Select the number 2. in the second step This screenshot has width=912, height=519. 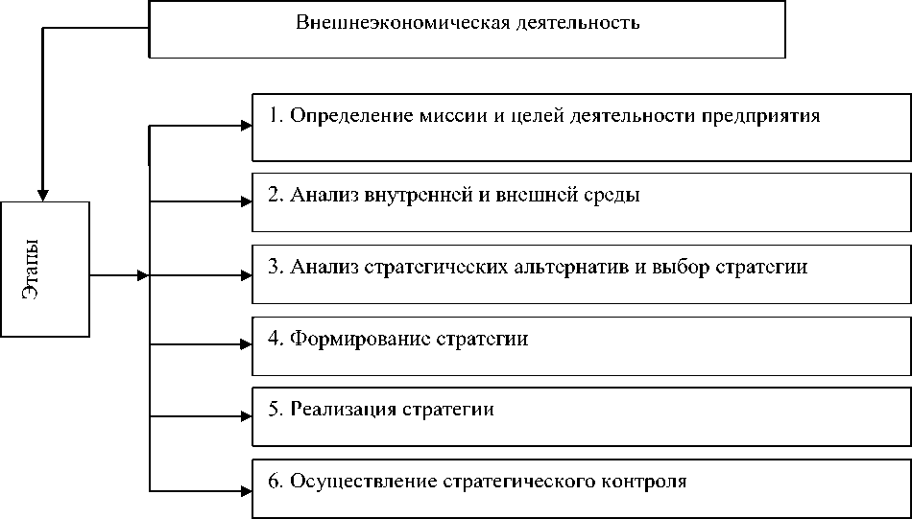pos(275,195)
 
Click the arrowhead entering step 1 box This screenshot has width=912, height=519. pos(245,124)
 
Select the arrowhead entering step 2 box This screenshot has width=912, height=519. pos(245,201)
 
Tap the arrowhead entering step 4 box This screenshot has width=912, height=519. pos(245,344)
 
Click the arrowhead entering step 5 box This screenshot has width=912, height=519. pos(245,416)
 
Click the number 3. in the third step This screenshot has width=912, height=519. pos(275,267)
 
